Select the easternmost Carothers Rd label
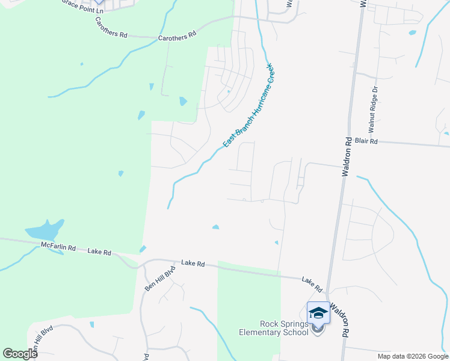point(177,36)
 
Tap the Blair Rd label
point(366,141)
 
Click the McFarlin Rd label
point(58,247)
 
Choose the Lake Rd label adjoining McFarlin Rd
point(99,252)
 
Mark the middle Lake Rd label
point(193,264)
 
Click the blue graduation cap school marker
point(318,313)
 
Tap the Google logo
point(19,354)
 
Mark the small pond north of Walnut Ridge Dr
point(412,32)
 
